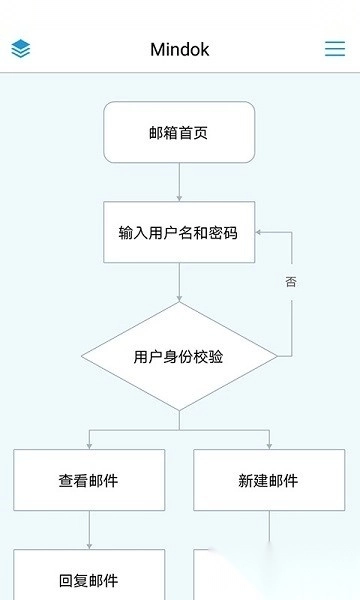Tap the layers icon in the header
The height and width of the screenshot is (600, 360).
tap(21, 49)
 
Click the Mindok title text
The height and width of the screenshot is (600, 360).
tap(180, 49)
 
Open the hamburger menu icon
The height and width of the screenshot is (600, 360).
tap(335, 49)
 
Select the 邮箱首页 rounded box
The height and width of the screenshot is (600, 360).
tap(179, 132)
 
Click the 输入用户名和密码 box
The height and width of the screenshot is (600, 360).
tap(179, 232)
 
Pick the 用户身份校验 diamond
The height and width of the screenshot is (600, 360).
tap(179, 356)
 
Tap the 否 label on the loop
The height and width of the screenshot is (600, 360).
tap(291, 282)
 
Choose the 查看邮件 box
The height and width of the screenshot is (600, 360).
tap(89, 480)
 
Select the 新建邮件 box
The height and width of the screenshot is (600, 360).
tap(269, 480)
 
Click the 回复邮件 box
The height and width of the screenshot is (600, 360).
tap(89, 578)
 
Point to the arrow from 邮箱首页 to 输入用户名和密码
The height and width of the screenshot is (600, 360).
tap(179, 182)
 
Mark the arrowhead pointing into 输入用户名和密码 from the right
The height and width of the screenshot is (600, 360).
tap(260, 232)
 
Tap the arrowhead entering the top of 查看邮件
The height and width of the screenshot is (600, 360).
tap(89, 444)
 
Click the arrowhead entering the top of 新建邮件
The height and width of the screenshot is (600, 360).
tap(269, 444)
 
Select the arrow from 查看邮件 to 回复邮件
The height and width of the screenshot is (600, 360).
tap(89, 530)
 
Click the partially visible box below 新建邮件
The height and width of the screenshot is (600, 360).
tap(230, 578)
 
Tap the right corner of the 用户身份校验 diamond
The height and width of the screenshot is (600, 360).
tap(275, 356)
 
